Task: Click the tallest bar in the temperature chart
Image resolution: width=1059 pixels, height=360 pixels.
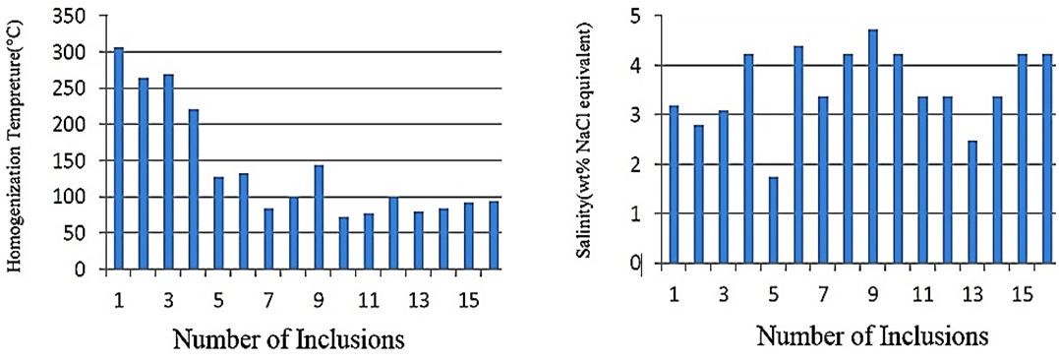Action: pyautogui.click(x=119, y=157)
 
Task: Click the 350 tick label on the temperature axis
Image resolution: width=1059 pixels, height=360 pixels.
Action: pyautogui.click(x=85, y=17)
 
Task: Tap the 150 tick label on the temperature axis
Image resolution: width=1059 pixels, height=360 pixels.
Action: pyautogui.click(x=85, y=160)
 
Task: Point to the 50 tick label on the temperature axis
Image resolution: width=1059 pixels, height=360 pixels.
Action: pyautogui.click(x=88, y=233)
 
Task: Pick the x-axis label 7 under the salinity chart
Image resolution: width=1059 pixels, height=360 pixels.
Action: pyautogui.click(x=822, y=295)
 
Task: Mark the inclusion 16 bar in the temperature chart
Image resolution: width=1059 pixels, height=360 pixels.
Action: pyautogui.click(x=494, y=234)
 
